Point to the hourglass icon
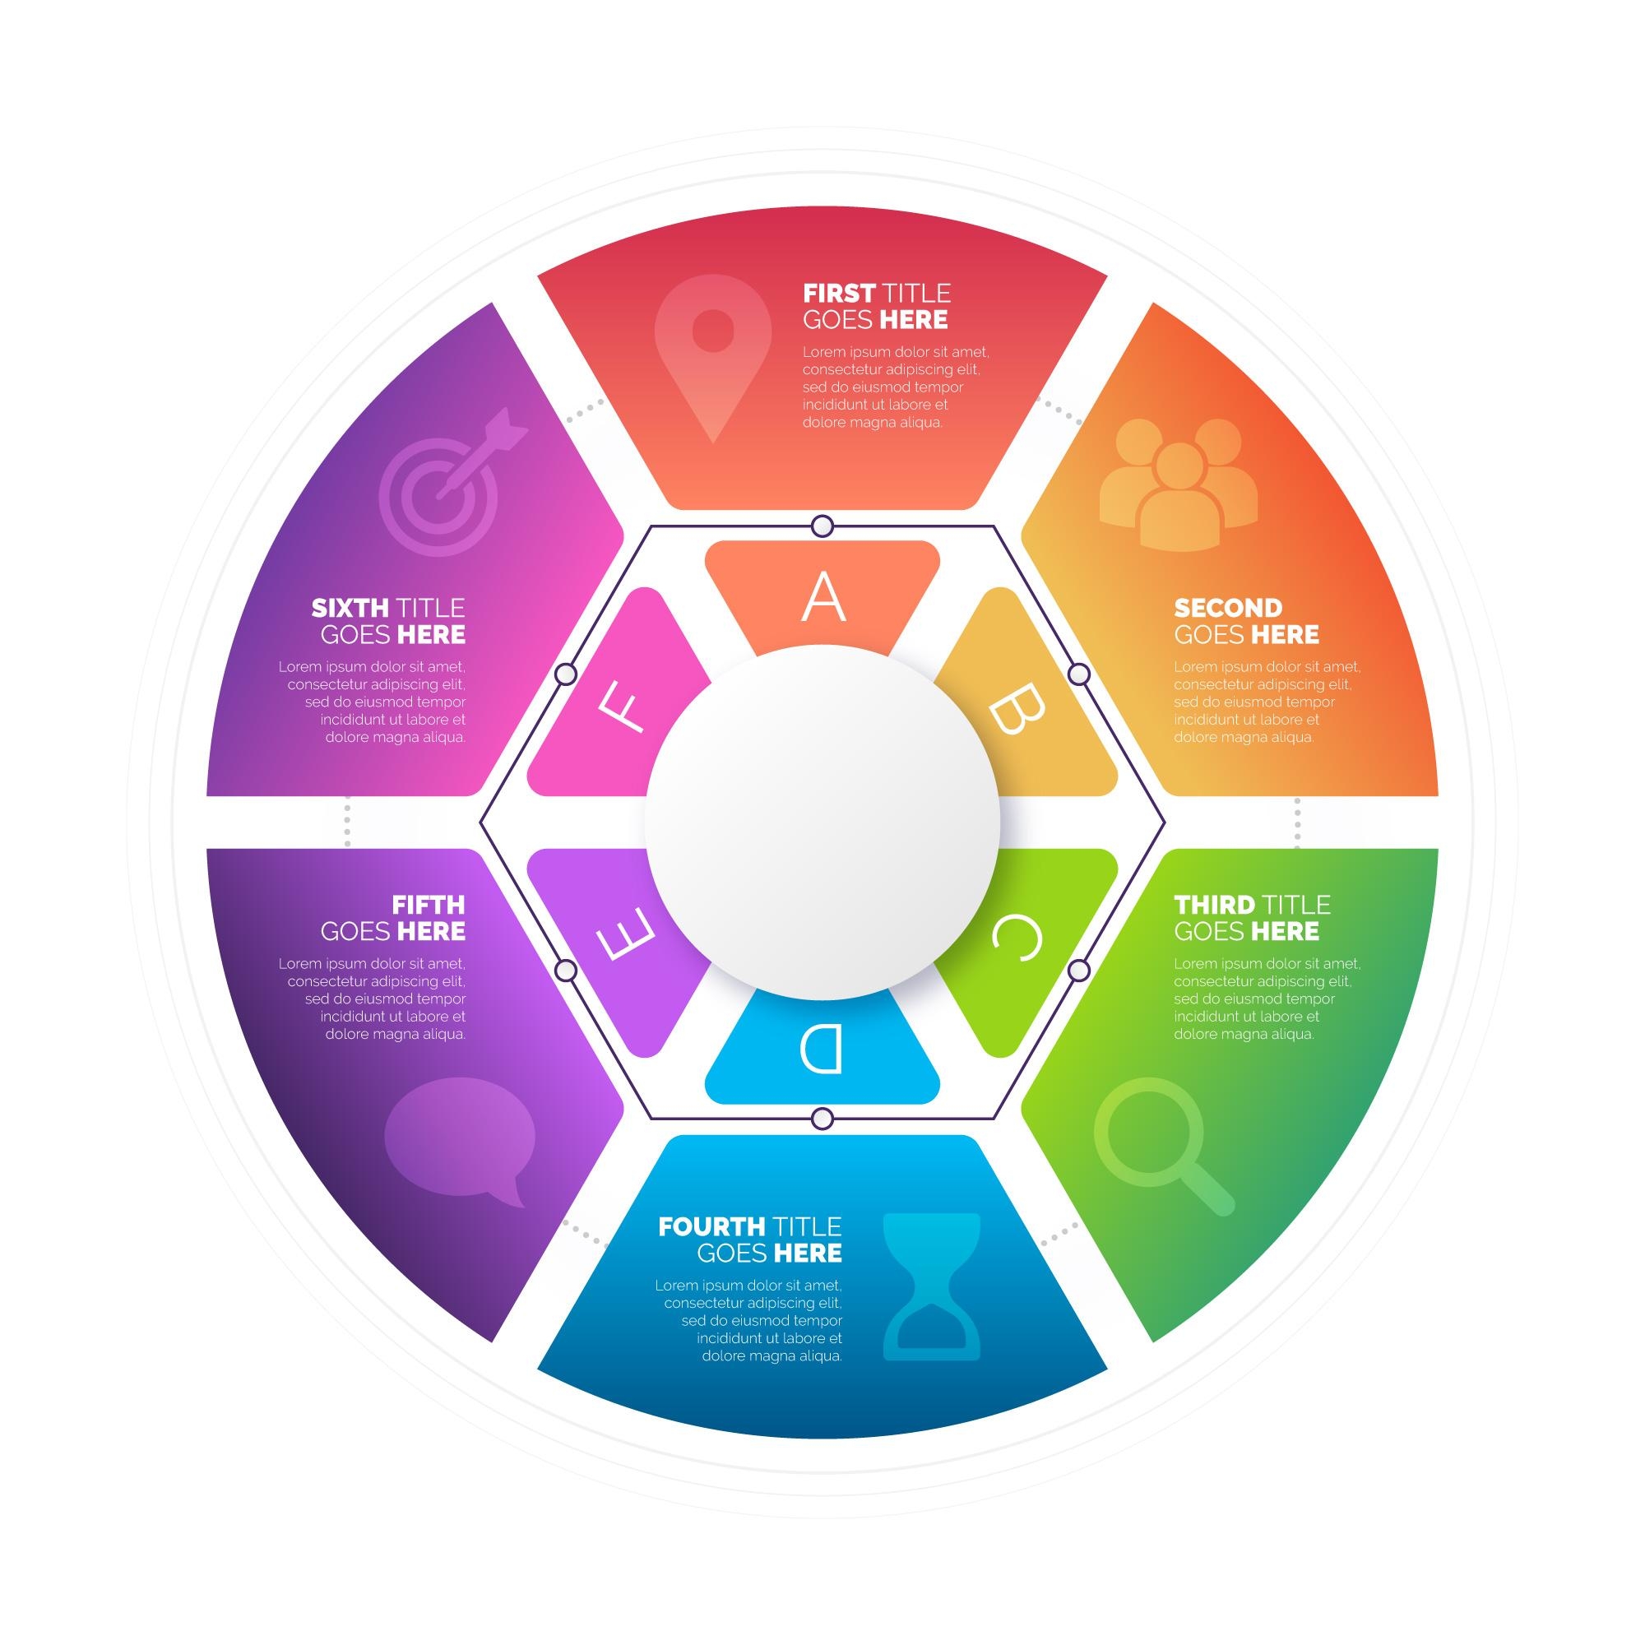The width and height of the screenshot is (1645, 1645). coord(932,1286)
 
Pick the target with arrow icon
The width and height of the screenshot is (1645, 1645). coord(447,485)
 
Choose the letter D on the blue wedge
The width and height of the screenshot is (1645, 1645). coord(822,1049)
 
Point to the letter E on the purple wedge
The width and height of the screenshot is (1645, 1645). coord(627,935)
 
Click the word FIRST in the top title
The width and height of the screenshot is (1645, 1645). coord(839,294)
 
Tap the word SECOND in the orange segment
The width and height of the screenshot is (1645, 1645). coord(1228,608)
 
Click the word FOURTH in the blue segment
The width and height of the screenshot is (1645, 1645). coord(711,1227)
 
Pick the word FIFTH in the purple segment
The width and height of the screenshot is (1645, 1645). coord(429,904)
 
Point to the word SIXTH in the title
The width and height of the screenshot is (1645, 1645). coord(350,608)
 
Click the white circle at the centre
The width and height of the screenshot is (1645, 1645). coord(822,822)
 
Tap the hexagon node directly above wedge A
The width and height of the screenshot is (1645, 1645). coord(822,526)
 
